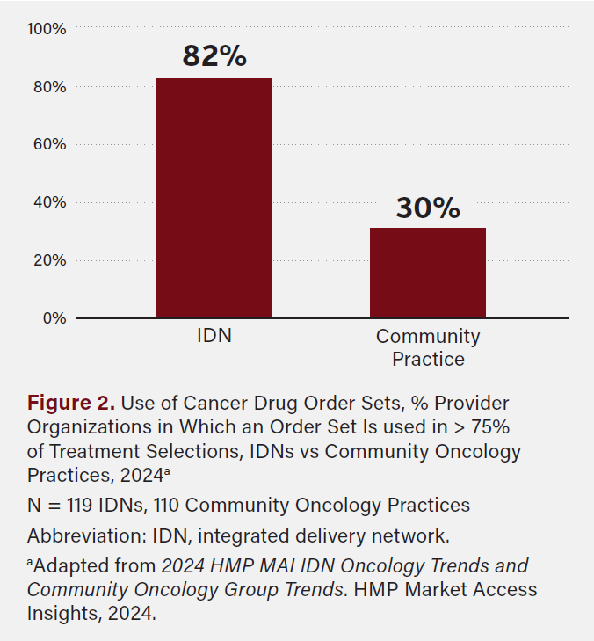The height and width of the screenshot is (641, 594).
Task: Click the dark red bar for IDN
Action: (214, 198)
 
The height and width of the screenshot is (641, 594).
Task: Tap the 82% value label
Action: (214, 56)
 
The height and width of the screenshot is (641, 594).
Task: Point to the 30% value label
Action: (428, 208)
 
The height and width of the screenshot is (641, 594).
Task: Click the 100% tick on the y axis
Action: (47, 29)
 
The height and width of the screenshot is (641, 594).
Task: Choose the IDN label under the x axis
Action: (214, 336)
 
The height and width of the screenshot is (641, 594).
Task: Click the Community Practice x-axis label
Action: (428, 347)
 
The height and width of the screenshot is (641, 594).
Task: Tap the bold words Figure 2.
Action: (71, 404)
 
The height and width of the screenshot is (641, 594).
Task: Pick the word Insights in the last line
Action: (63, 614)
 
